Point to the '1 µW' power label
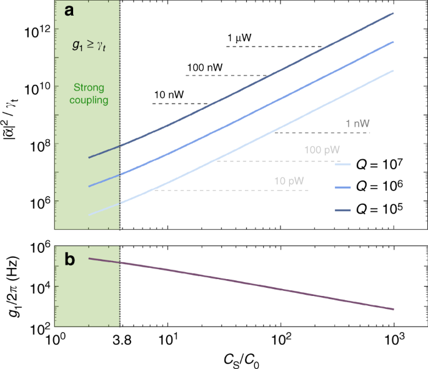point(239,39)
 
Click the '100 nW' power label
point(205,67)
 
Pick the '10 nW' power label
point(169,95)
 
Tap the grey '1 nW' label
point(357,124)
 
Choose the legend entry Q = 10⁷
point(372,165)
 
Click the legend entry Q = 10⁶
point(372,188)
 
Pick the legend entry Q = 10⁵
point(372,210)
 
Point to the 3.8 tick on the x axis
point(119,341)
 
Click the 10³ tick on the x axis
point(394,341)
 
